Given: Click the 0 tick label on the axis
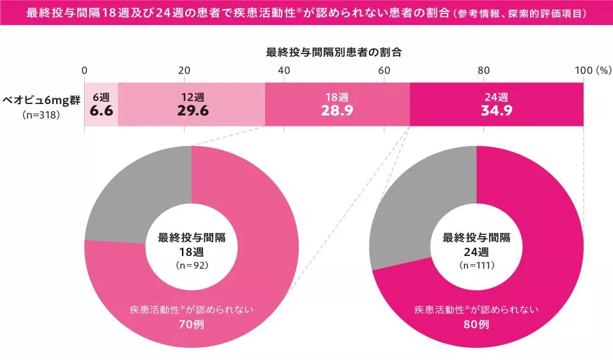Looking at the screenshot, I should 85,70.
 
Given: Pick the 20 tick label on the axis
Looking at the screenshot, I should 185,70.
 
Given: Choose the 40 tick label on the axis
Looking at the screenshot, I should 284,70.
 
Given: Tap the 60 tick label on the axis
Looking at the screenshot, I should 384,70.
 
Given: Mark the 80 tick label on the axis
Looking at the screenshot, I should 483,70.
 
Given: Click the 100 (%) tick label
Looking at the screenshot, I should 593,70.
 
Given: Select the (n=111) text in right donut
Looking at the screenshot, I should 476,264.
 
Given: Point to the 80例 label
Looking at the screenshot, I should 476,324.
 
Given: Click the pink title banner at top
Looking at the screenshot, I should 306,13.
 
